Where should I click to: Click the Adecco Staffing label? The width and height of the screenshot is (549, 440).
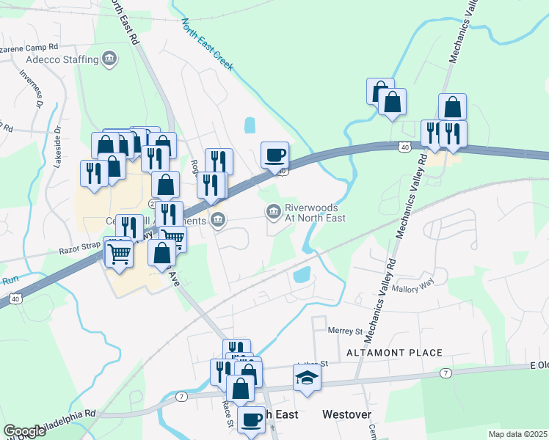click(x=59, y=59)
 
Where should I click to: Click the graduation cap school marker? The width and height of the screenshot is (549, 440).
click(x=308, y=378)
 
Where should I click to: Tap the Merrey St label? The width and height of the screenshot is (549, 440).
click(x=346, y=331)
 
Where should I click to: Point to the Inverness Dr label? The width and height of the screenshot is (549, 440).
click(x=32, y=90)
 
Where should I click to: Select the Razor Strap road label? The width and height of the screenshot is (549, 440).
click(x=79, y=251)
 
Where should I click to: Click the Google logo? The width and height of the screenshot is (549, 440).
click(x=25, y=430)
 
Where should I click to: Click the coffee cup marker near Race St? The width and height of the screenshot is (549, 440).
click(x=252, y=420)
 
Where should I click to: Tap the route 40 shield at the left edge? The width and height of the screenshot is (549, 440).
click(x=15, y=298)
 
